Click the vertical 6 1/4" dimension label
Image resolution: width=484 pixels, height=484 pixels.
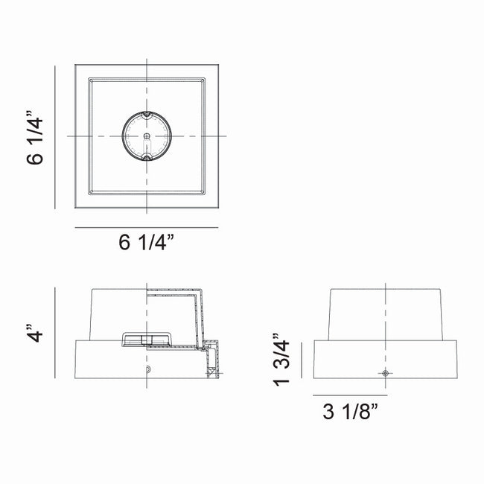coord(34,137)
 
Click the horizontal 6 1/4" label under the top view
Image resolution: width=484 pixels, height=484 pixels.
coord(146,242)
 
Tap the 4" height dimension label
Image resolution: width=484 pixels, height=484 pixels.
coord(34,333)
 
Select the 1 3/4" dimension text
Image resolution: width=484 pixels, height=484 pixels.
coord(281,360)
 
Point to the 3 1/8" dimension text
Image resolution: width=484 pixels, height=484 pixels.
coord(351,412)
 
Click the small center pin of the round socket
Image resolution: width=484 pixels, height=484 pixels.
coord(147,136)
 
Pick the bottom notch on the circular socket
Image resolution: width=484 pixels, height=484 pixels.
coord(147,157)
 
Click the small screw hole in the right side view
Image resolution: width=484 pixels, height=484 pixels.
coord(385,373)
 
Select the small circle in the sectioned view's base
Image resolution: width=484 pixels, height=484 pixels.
coord(148,369)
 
